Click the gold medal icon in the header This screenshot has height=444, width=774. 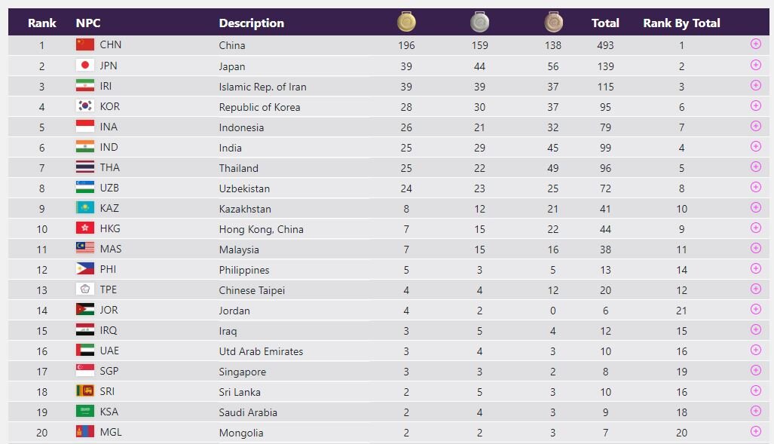407,23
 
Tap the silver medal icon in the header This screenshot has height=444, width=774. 480,23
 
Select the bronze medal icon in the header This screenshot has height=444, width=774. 553,23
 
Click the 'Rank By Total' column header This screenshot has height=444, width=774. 681,23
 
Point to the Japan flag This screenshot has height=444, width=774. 85,66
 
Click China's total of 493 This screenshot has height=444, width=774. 605,45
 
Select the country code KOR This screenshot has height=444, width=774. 110,106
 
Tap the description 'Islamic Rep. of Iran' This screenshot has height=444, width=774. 262,87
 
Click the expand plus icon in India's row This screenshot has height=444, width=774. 756,146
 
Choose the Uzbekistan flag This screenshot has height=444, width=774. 85,188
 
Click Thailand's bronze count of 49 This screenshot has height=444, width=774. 553,168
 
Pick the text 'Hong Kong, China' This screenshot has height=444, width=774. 261,229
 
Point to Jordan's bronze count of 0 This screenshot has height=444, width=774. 553,311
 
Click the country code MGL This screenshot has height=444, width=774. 111,432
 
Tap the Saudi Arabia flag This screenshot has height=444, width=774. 85,412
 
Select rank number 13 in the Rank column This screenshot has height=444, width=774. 41,290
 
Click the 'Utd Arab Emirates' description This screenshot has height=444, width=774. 261,351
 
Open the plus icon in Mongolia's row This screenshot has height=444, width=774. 756,431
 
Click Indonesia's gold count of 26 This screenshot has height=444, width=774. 406,127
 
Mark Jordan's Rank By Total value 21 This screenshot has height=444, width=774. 681,311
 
